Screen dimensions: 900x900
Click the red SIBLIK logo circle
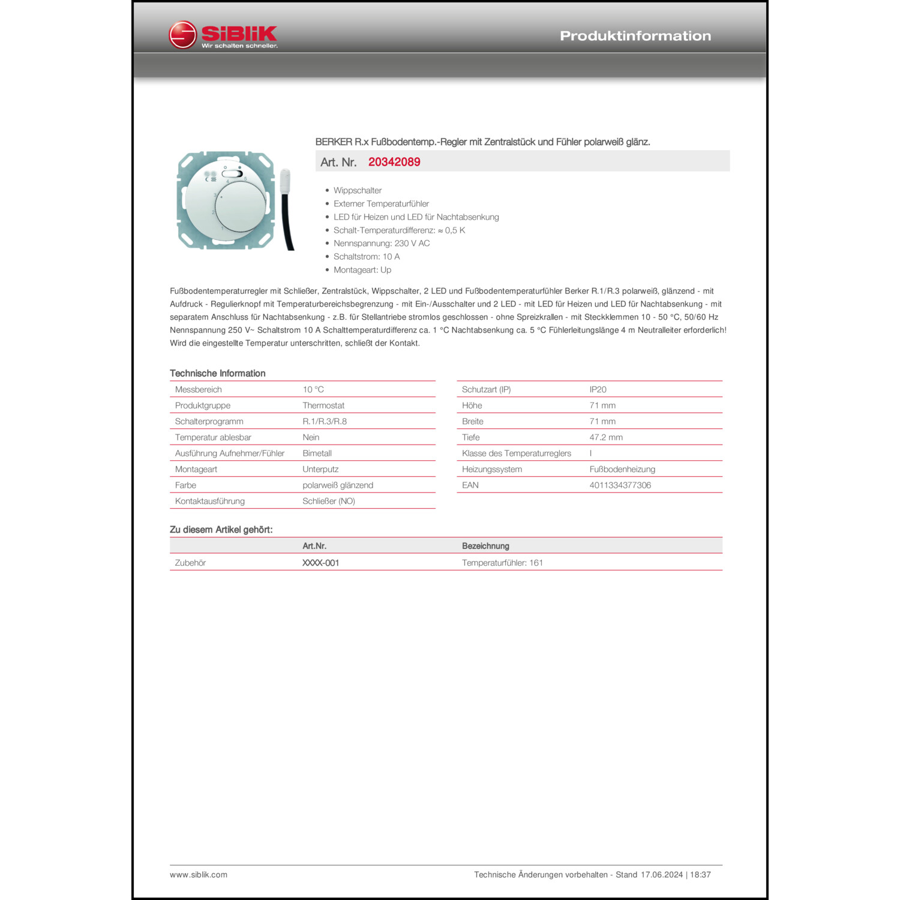click(x=182, y=35)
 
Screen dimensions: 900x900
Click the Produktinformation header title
click(x=635, y=36)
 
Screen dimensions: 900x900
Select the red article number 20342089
click(x=394, y=162)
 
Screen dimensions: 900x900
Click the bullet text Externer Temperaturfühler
click(x=381, y=204)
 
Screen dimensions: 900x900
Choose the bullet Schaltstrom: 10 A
click(x=366, y=257)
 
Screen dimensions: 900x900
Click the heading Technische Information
click(x=217, y=373)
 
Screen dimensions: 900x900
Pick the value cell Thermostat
click(x=323, y=406)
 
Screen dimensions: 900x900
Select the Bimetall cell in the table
click(x=317, y=454)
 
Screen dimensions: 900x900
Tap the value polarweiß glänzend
click(x=338, y=485)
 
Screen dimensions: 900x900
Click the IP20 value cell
click(x=598, y=389)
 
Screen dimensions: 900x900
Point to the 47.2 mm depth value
click(x=606, y=437)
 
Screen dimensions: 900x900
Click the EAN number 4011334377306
click(x=620, y=485)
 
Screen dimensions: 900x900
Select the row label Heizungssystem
click(x=492, y=469)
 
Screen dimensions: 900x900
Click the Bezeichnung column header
click(x=485, y=546)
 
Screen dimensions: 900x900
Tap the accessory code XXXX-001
click(x=320, y=563)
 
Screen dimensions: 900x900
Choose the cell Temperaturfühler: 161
click(x=502, y=563)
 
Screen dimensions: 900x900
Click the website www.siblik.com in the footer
click(x=199, y=875)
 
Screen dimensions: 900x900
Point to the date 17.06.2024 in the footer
click(x=661, y=875)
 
